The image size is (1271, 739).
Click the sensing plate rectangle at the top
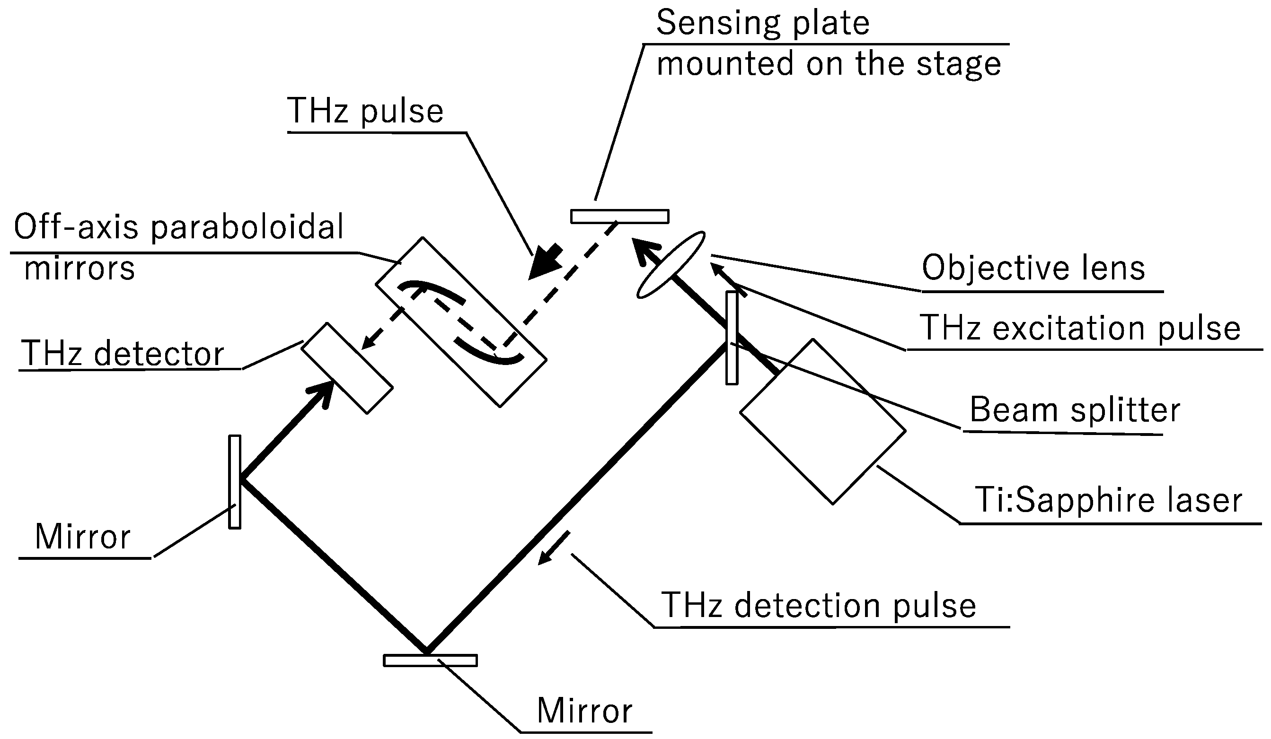pos(619,216)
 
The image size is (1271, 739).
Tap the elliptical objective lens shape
pos(671,265)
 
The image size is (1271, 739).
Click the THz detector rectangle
pos(347,368)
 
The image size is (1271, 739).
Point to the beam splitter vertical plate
pos(732,338)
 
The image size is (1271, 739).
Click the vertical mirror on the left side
pos(235,482)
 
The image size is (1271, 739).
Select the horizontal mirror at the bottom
pos(430,660)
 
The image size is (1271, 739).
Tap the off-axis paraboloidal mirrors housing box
pos(461,322)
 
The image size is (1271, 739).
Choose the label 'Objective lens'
pos(1033,268)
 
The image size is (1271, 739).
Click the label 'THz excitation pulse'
pos(1079,328)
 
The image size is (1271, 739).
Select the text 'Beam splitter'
pos(1074,409)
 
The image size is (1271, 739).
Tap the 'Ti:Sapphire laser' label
pos(1109,501)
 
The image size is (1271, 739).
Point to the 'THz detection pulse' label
pos(818,605)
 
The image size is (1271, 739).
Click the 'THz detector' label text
pos(123,353)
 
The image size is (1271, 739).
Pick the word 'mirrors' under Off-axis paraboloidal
pos(79,268)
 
